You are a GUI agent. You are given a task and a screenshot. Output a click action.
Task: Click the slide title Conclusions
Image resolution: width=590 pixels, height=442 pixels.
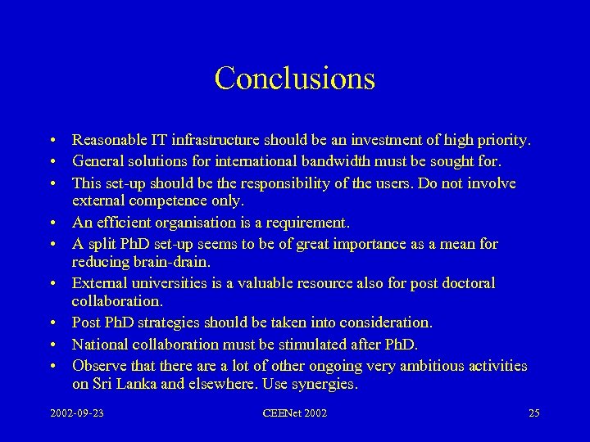(x=295, y=79)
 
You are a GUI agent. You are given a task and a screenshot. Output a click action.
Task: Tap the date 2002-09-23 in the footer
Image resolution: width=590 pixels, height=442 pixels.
(x=78, y=413)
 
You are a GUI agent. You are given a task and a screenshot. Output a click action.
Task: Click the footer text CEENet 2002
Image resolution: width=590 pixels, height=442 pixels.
(x=295, y=413)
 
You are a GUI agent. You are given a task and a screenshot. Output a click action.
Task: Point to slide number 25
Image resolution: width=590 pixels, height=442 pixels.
(x=533, y=413)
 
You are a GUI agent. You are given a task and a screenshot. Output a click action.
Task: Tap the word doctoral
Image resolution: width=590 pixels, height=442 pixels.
(x=465, y=283)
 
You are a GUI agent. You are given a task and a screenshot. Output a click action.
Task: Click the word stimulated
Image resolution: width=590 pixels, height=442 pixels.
(x=315, y=345)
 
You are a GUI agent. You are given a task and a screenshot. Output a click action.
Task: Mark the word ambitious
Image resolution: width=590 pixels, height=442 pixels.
(x=417, y=366)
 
